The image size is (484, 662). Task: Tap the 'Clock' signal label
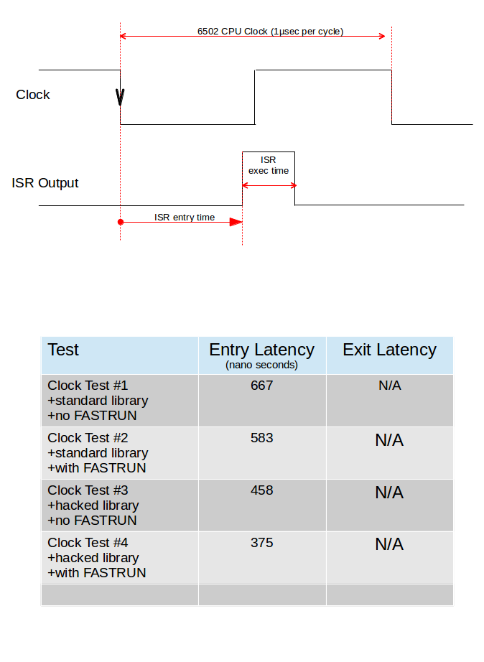tap(33, 95)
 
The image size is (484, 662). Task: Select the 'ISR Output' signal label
tap(45, 183)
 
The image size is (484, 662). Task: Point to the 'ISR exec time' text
tap(269, 165)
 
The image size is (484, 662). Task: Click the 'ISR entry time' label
tap(185, 217)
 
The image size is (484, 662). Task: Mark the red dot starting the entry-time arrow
tap(121, 223)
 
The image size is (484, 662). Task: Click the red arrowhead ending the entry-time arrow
tap(236, 223)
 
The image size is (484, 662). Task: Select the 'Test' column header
tap(63, 350)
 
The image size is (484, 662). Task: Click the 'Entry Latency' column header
tap(261, 350)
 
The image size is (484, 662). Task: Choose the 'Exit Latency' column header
tap(389, 350)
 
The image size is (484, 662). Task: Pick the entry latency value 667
tap(261, 386)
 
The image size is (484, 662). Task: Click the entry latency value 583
tap(261, 438)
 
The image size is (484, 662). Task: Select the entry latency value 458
tap(261, 490)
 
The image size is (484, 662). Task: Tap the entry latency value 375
tap(261, 543)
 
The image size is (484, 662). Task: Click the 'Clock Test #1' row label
tap(88, 386)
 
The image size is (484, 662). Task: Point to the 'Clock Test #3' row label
tap(88, 490)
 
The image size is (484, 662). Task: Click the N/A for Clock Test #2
tap(389, 441)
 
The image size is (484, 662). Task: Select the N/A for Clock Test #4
tap(389, 545)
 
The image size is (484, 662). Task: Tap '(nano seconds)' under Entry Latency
tap(261, 365)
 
